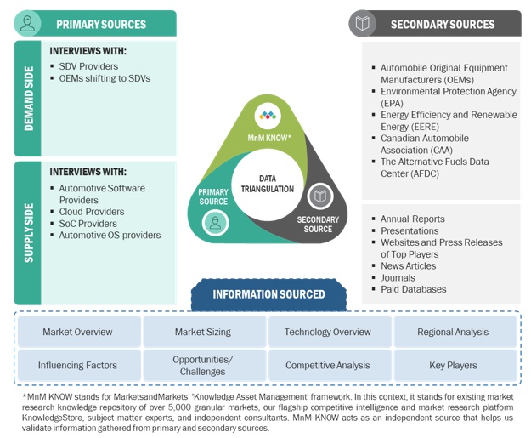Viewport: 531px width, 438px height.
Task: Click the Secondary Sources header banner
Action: click(x=442, y=24)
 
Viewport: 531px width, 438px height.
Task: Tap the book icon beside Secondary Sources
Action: click(x=363, y=24)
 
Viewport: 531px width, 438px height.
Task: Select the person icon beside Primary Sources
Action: click(x=28, y=24)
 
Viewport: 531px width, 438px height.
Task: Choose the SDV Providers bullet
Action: click(x=88, y=66)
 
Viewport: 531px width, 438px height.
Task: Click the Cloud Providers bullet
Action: click(x=91, y=212)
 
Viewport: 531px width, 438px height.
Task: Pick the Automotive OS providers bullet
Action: click(x=110, y=235)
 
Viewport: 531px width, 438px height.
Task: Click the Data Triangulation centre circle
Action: click(x=266, y=182)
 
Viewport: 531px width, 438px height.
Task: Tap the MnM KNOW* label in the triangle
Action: click(x=268, y=136)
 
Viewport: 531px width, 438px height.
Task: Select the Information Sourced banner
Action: click(x=268, y=294)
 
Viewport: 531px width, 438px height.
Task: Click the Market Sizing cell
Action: click(x=203, y=332)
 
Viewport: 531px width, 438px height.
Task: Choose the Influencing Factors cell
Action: click(x=77, y=365)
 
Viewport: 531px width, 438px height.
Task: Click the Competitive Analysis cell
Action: click(x=328, y=365)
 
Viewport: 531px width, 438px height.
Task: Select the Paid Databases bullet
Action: click(x=413, y=289)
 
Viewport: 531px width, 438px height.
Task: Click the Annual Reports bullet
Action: click(x=412, y=219)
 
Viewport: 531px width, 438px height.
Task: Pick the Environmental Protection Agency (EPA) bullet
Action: click(x=448, y=97)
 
